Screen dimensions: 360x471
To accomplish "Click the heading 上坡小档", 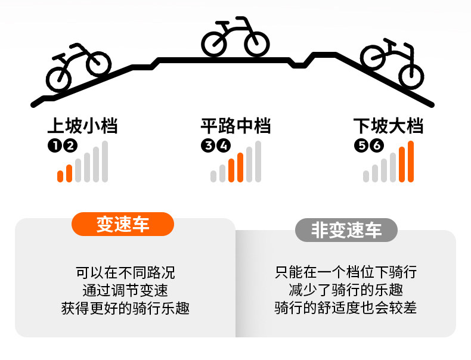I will pos(82,126).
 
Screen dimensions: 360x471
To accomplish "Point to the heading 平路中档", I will pos(235,126).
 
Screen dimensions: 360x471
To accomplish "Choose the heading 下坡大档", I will pos(388,126).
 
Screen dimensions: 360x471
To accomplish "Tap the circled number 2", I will pos(70,145).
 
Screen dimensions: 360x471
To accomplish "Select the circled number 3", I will pos(208,145).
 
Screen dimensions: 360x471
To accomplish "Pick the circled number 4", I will pos(224,145).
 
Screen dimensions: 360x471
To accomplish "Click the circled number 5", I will pos(361,145).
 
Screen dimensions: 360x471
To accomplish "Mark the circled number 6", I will pos(376,145).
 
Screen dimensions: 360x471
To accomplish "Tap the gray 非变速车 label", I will pos(346,230).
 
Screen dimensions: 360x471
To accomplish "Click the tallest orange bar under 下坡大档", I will pos(411,161).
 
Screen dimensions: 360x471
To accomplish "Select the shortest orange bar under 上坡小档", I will pos(60,176).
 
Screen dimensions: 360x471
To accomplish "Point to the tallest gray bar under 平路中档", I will pos(258,161).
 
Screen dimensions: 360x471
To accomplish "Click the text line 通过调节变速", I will pos(125,291).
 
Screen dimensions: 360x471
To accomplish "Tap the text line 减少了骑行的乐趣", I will pos(345,291).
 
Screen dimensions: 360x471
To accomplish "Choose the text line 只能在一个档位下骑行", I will pos(345,273).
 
